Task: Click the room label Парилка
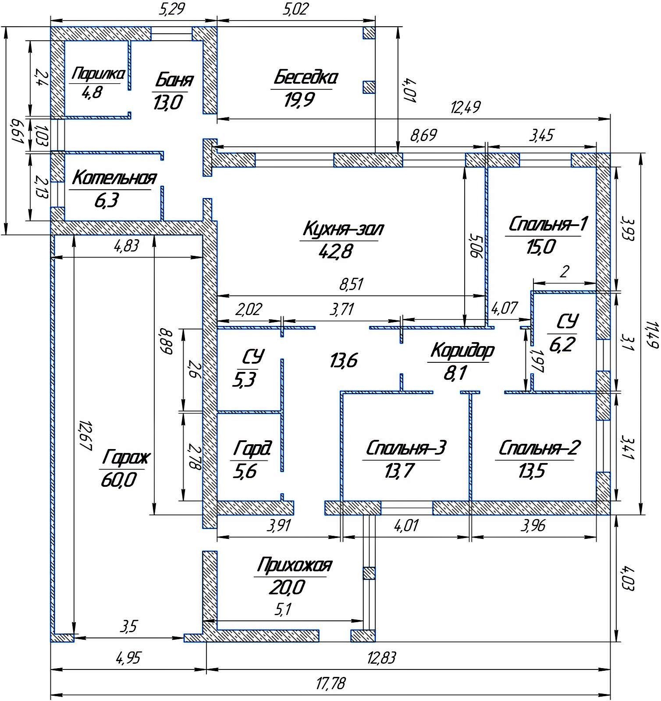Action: tap(98, 74)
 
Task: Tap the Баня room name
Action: tap(174, 81)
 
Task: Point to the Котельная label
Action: tap(114, 178)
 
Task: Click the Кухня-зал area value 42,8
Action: tap(337, 251)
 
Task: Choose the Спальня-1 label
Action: tap(547, 224)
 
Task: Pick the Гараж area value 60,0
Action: tap(118, 480)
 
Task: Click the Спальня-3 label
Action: tap(406, 448)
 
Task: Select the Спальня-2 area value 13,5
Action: tap(532, 472)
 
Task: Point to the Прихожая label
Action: tap(294, 565)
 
